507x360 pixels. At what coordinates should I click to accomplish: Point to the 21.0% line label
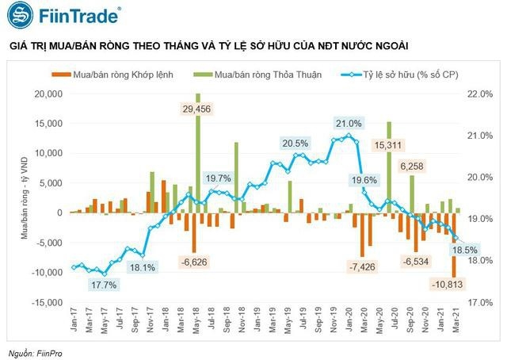(349, 124)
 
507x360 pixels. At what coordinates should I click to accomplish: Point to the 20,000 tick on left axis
(50, 94)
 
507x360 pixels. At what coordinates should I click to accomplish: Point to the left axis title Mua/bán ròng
(24, 198)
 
